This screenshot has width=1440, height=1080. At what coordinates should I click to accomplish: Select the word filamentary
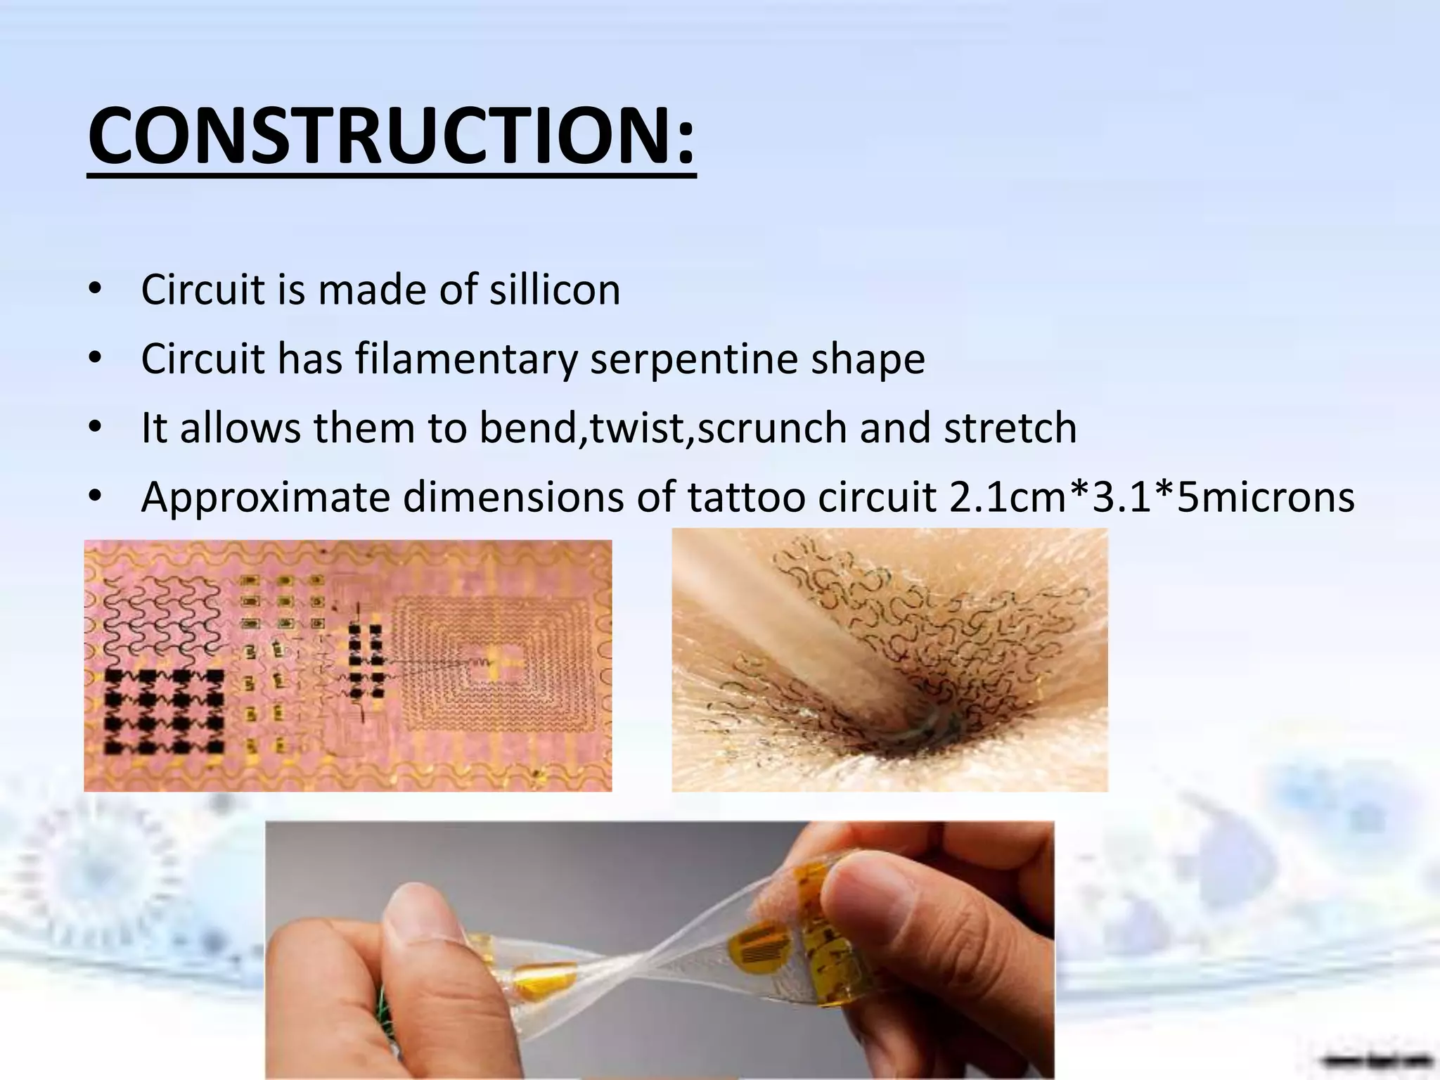point(465,359)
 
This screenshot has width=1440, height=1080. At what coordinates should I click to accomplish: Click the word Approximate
point(265,497)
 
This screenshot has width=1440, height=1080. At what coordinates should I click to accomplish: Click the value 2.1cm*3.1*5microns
point(1152,497)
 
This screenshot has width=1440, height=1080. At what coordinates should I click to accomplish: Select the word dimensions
point(513,497)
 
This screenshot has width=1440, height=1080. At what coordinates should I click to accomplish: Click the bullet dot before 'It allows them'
point(96,428)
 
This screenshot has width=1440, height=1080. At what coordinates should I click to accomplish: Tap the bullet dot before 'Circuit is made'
point(96,290)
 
